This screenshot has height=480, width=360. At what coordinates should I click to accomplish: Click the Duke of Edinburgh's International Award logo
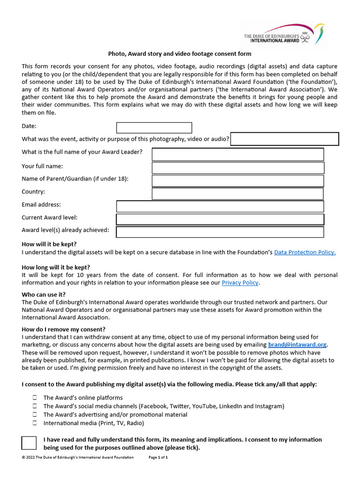coord(284,34)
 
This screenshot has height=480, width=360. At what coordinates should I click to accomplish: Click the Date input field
coord(154,127)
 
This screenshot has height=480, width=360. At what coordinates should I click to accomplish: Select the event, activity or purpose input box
coord(285,139)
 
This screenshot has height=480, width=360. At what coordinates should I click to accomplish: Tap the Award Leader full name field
coord(238,154)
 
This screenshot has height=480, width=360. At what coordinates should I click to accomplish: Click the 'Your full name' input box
coord(238,168)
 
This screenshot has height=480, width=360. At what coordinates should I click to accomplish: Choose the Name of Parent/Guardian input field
coord(238,181)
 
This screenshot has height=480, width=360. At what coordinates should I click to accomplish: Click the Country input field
coord(238,194)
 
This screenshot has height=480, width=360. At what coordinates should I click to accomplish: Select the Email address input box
coord(220,206)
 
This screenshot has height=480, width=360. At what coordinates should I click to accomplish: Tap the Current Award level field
coord(220,219)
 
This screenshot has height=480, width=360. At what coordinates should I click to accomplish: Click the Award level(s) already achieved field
coord(220,232)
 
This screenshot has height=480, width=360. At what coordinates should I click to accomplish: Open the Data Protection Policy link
coord(305,252)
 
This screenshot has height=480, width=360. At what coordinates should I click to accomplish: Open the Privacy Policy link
coord(240,283)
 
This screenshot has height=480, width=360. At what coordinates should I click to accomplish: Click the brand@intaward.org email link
coord(297,345)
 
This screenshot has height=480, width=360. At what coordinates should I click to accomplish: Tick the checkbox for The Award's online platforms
coord(35,397)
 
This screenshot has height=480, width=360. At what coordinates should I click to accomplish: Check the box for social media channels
coord(35,406)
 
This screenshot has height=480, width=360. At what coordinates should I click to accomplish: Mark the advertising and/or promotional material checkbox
coord(35,414)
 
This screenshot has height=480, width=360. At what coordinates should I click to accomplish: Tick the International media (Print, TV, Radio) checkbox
coord(35,423)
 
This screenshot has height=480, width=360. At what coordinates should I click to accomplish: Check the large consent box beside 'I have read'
coord(29,443)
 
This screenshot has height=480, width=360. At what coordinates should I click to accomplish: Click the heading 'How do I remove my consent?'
coord(64,330)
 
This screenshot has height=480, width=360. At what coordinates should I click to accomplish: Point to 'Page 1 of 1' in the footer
coord(158,457)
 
